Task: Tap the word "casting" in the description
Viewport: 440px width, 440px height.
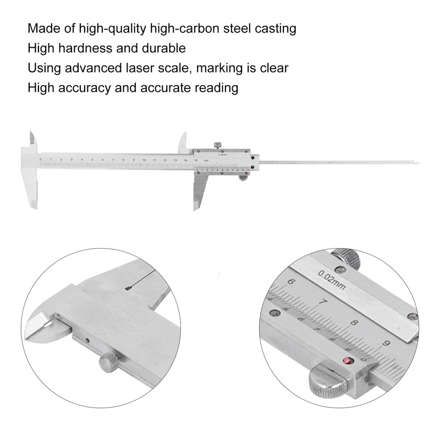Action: [x=276, y=28]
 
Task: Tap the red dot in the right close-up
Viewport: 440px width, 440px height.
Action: [x=347, y=361]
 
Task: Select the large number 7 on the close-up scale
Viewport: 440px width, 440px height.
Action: [x=324, y=302]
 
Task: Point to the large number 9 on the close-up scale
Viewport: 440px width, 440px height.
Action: [x=388, y=345]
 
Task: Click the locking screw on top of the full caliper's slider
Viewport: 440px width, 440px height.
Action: [x=218, y=145]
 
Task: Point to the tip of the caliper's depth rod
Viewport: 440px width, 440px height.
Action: [x=416, y=162]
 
